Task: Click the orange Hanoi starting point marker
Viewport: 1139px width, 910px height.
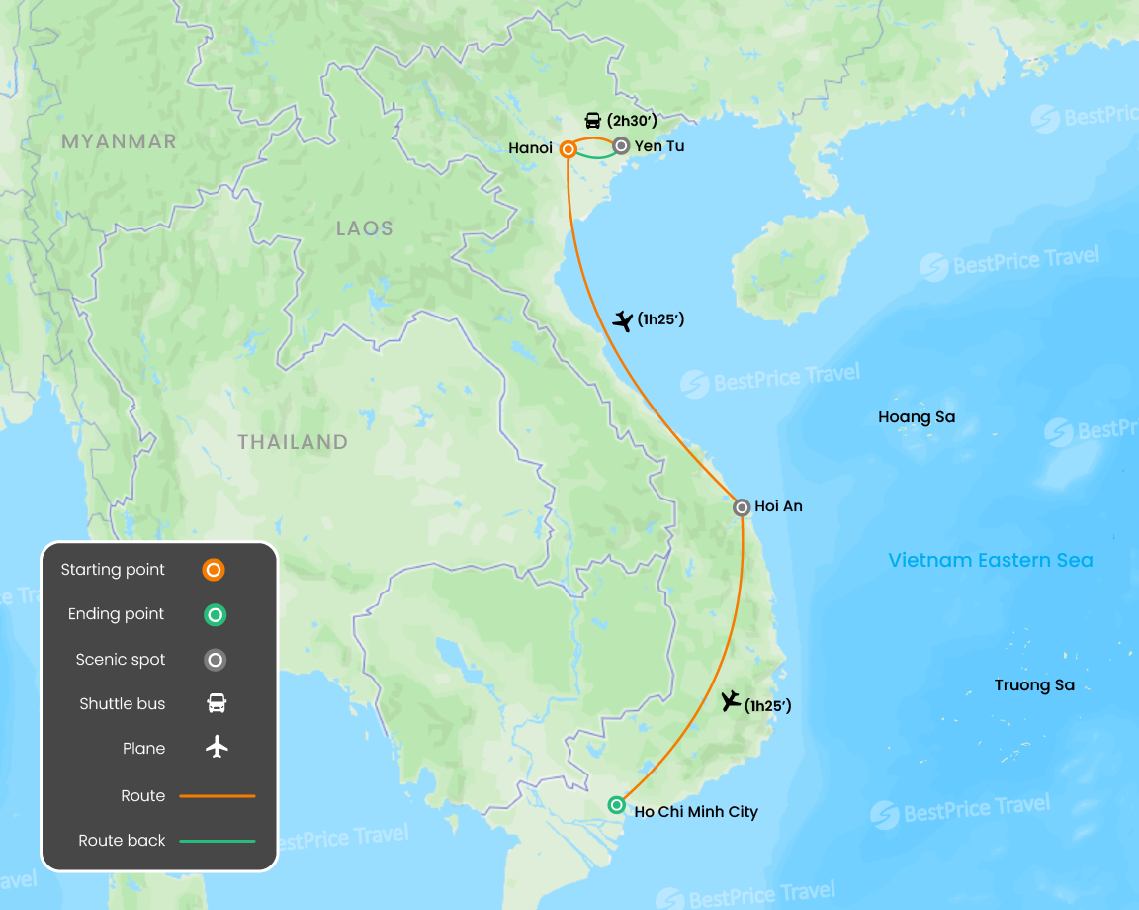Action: click(568, 149)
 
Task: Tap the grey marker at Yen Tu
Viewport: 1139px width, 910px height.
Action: click(621, 145)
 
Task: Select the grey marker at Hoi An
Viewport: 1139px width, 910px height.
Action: click(742, 507)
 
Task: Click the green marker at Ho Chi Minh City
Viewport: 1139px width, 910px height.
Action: click(617, 805)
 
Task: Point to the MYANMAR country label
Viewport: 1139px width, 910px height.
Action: click(119, 141)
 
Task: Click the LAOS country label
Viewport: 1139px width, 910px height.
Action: click(364, 228)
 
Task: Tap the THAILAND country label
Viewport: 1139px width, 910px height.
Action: click(293, 442)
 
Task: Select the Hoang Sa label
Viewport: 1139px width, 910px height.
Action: click(917, 417)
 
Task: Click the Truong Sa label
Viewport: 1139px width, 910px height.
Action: click(1034, 685)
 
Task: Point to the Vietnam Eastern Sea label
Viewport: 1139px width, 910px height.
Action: click(991, 561)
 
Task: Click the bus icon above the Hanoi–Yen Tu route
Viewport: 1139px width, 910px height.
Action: click(592, 121)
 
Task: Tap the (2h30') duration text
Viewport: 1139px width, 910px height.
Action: click(632, 121)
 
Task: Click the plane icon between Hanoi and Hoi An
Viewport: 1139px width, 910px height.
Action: click(623, 320)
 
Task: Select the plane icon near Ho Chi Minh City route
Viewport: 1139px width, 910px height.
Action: click(731, 701)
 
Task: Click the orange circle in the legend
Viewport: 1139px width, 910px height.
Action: click(214, 570)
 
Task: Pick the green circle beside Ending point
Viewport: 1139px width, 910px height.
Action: click(215, 615)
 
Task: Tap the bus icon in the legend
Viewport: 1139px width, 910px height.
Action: click(217, 704)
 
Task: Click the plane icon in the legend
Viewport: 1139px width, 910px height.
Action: click(217, 748)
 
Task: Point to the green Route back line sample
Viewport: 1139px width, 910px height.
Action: click(218, 841)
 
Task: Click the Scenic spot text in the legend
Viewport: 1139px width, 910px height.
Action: click(121, 660)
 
